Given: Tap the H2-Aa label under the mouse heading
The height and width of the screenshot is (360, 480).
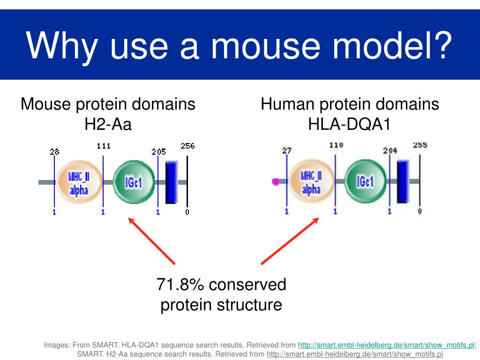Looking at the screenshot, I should click(x=108, y=125).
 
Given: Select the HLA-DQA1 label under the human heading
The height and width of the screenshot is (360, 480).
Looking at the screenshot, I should click(x=349, y=125).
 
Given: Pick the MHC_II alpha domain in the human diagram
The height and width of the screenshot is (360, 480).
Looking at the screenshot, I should click(x=311, y=182).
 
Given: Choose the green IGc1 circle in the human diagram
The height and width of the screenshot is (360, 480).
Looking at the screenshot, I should click(x=365, y=181).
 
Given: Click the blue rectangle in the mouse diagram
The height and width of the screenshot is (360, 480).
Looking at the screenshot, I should click(x=171, y=182).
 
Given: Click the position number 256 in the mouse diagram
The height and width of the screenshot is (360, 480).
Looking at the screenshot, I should click(x=187, y=146).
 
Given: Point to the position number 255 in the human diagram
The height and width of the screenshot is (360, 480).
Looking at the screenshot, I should click(x=420, y=145).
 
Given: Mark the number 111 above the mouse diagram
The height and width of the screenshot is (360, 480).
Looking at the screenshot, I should click(x=104, y=146).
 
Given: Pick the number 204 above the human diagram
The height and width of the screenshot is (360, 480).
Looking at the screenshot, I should click(x=390, y=150).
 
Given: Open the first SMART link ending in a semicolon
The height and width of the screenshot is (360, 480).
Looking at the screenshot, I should click(x=386, y=345).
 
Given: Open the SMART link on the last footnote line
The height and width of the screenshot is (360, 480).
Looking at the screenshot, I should click(x=354, y=354).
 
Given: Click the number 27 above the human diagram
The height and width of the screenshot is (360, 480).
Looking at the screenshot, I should click(x=286, y=150).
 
